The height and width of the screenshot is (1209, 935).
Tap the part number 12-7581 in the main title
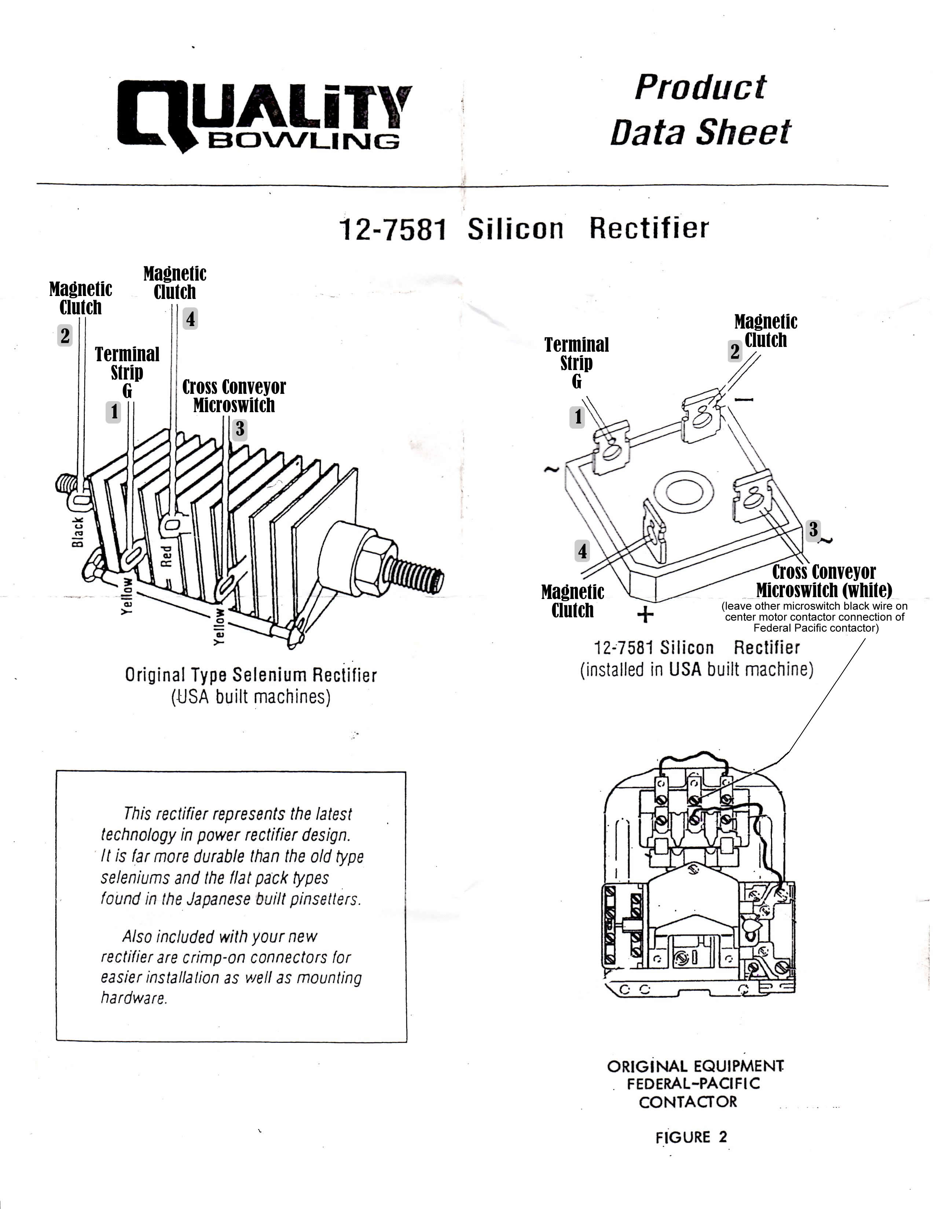[x=392, y=230]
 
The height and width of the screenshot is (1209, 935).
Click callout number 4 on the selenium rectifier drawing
[x=190, y=319]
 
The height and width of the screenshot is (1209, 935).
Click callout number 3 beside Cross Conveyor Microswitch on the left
[x=239, y=429]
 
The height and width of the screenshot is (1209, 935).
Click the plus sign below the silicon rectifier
[x=645, y=614]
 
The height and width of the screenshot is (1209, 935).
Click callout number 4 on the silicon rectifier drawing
[x=582, y=551]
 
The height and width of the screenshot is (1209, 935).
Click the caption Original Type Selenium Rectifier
[x=250, y=675]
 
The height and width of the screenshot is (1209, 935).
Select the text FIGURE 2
[x=691, y=1137]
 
